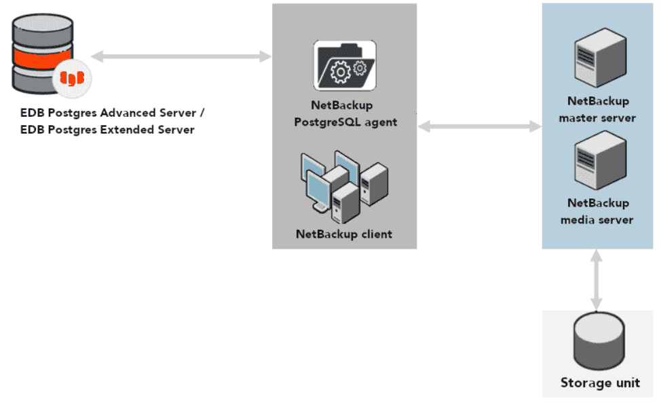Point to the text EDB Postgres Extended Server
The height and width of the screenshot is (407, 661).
(x=107, y=129)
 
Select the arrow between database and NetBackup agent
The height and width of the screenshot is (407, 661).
(x=181, y=56)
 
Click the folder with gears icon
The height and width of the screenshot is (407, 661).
(x=345, y=65)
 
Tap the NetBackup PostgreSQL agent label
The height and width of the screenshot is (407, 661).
(x=345, y=113)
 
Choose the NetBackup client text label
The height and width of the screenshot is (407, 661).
(x=343, y=234)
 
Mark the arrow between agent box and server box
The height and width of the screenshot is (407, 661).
(x=479, y=126)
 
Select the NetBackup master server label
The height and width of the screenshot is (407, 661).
(x=597, y=109)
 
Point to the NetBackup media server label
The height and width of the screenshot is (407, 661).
(x=597, y=211)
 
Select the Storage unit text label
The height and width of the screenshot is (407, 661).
(x=600, y=383)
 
